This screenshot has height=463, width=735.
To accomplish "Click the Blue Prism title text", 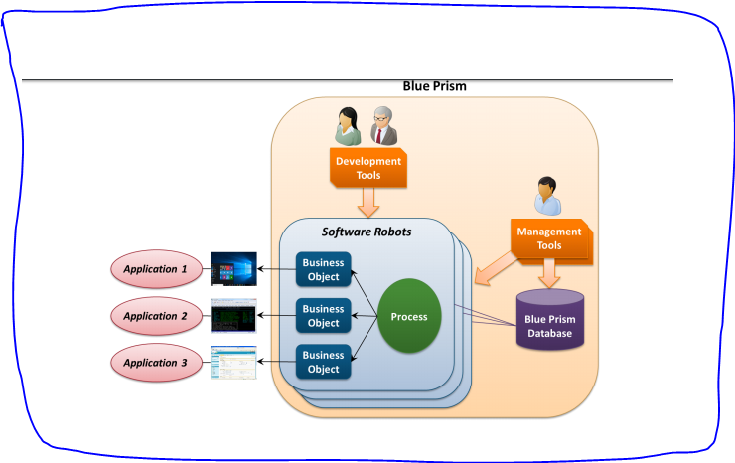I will pyautogui.click(x=434, y=86).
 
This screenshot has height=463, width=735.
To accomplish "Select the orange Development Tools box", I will pyautogui.click(x=368, y=169).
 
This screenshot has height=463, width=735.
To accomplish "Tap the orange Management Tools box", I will pyautogui.click(x=549, y=238).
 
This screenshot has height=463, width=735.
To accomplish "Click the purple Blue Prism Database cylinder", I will pyautogui.click(x=549, y=320).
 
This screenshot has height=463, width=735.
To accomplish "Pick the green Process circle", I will pyautogui.click(x=409, y=317).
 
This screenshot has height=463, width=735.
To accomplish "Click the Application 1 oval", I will pyautogui.click(x=154, y=268).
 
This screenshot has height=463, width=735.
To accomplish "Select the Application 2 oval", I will pyautogui.click(x=154, y=316).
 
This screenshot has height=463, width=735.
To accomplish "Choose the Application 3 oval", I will pyautogui.click(x=154, y=364).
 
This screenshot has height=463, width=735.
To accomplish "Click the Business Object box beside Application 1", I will pyautogui.click(x=323, y=270).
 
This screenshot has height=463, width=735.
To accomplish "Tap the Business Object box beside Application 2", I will pyautogui.click(x=323, y=316).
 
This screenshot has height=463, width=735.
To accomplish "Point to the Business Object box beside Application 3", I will pyautogui.click(x=323, y=363).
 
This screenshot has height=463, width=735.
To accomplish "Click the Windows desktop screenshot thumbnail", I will pyautogui.click(x=233, y=268).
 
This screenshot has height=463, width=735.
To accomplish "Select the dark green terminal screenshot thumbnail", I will pyautogui.click(x=233, y=316).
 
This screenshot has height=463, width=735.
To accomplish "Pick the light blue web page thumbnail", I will pyautogui.click(x=233, y=363).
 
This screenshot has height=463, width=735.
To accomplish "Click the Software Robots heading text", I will pyautogui.click(x=366, y=231).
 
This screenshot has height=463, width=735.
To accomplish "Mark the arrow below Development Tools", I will pyautogui.click(x=368, y=204).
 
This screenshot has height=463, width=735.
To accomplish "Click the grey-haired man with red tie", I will pyautogui.click(x=383, y=126).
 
